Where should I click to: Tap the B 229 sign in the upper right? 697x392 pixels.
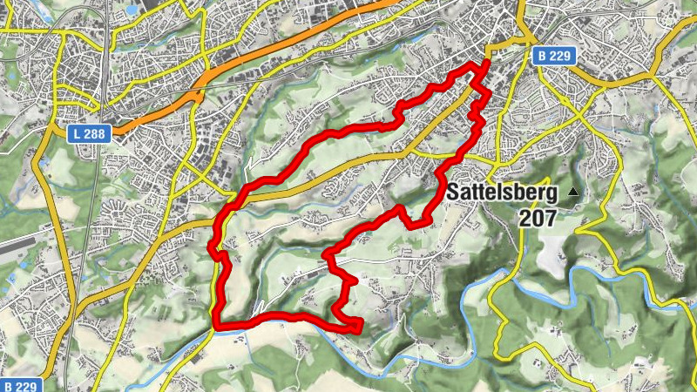coord(553,56)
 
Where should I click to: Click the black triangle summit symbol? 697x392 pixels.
coord(573,191)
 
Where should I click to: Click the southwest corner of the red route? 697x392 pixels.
coord(215,325)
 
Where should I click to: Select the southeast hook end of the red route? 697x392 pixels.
coord(358,328)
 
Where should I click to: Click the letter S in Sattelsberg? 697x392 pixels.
coord(456,193)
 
